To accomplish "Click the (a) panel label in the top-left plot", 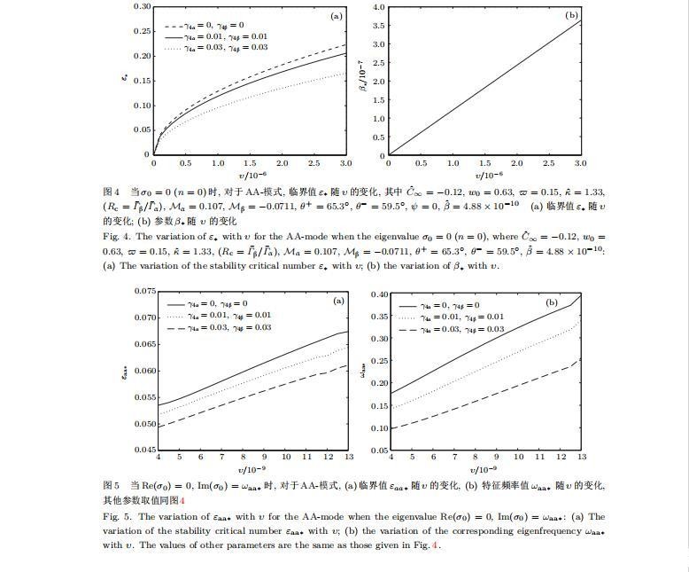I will point(337,16).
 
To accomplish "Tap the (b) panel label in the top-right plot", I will point(571,16).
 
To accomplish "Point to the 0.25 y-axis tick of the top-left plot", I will point(142,31).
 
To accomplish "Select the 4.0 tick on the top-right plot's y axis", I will point(378,7).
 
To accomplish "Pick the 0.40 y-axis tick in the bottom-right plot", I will point(378,294).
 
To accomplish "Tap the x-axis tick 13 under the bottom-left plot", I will point(348,457).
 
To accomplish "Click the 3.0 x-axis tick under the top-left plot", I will point(345,163).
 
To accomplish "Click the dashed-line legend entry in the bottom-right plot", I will point(452,329).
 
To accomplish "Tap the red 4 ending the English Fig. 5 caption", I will point(435,545).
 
